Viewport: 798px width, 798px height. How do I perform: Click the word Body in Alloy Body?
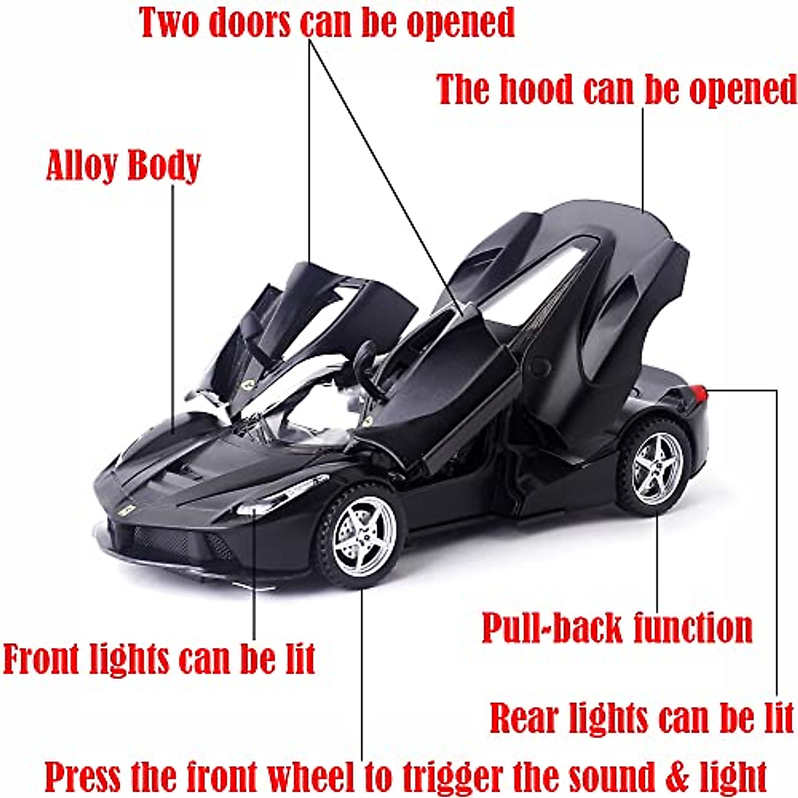pos(164,166)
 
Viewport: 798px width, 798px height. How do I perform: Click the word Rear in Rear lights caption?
pos(525,718)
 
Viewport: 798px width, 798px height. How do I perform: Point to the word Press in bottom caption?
pos(83,776)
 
